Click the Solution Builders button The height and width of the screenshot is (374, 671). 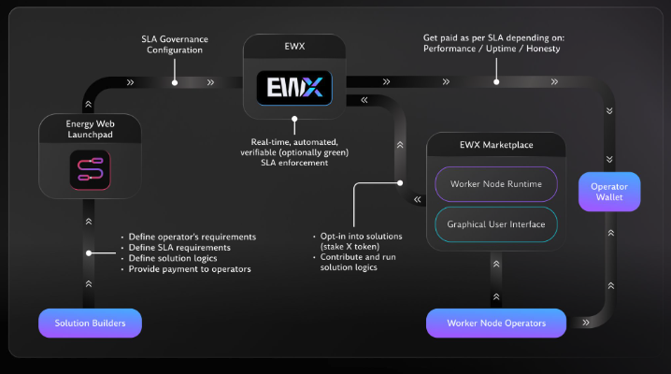(90, 323)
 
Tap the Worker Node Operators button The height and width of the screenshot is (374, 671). (495, 323)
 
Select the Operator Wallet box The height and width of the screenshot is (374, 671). (608, 193)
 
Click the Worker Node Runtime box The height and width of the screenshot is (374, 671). (495, 183)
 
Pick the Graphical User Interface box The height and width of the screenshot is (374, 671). (495, 224)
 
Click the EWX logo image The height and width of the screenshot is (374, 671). (294, 89)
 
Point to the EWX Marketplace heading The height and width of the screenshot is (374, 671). (495, 145)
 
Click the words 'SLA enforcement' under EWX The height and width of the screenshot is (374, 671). (293, 164)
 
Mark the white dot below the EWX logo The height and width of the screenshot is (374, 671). (294, 120)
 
